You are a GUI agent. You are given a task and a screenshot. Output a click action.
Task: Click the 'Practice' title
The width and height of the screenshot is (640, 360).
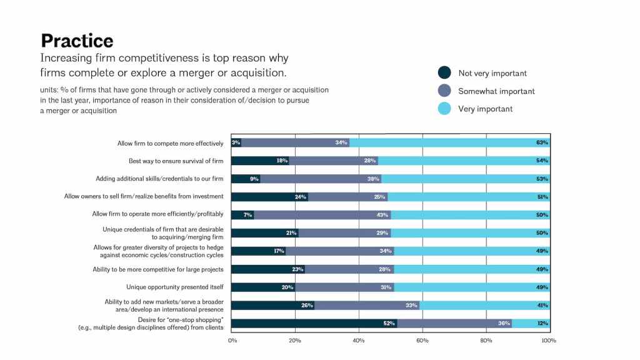[x=77, y=41]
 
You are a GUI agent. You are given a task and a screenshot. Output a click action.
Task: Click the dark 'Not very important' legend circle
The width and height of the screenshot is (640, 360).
[x=444, y=73]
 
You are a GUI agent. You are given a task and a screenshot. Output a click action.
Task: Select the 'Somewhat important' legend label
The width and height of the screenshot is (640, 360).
[x=496, y=91]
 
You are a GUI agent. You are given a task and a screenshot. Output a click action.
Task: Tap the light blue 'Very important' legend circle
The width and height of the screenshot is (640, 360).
[x=444, y=109]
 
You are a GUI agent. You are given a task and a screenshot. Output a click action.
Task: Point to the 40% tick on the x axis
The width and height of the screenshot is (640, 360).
[x=359, y=341]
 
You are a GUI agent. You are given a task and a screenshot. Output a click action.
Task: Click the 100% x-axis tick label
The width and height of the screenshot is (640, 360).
[x=549, y=341]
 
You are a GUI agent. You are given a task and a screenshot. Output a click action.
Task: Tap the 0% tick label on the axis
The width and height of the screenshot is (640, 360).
[x=232, y=341]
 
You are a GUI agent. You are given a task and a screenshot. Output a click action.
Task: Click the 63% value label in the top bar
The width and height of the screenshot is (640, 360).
[x=542, y=143]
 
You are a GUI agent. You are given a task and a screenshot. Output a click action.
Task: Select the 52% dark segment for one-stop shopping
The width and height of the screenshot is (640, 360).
[x=314, y=324]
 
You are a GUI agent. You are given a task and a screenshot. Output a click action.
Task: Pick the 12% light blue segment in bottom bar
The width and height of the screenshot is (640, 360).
[x=530, y=324]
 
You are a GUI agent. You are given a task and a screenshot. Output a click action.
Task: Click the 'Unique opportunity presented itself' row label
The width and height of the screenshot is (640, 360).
[x=174, y=287]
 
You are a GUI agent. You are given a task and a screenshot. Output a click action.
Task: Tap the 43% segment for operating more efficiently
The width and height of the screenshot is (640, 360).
[x=322, y=215]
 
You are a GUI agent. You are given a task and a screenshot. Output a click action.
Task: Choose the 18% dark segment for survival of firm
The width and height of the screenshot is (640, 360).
[x=260, y=161]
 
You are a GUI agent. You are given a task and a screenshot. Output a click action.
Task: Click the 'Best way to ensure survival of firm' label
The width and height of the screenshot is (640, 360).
[x=176, y=161]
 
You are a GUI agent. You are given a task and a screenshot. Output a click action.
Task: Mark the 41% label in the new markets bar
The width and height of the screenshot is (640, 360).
[x=542, y=306]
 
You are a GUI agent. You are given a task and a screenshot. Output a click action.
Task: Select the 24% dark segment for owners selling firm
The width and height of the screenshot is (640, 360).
[x=269, y=197]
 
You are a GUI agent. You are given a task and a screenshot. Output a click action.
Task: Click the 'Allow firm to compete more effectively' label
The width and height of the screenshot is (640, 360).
[x=170, y=143]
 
